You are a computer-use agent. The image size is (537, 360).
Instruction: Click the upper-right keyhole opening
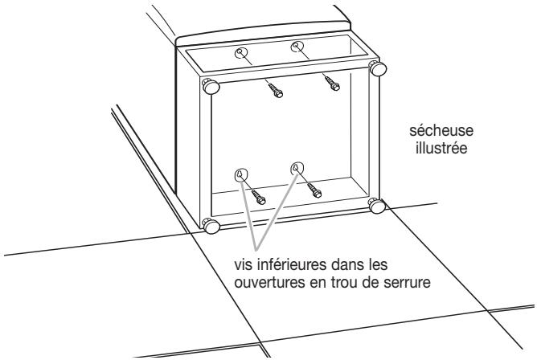[297, 46]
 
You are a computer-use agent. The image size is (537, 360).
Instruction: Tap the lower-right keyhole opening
[296, 168]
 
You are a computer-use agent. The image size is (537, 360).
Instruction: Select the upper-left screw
[273, 90]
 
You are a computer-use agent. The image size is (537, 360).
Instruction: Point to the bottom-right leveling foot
[377, 206]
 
